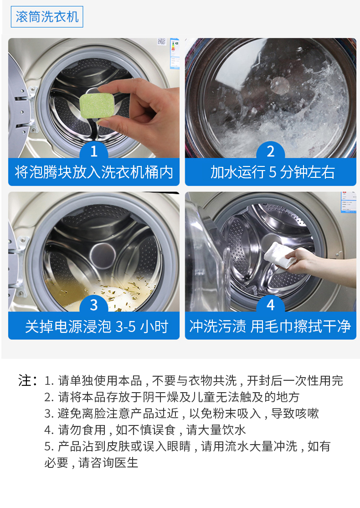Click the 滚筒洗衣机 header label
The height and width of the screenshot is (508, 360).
47,17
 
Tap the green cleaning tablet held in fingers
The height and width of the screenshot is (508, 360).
97,106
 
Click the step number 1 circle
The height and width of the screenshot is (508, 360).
94,151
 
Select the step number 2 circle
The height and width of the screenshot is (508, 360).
271,151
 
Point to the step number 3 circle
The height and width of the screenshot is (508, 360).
94,305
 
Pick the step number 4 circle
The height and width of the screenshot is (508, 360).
271,305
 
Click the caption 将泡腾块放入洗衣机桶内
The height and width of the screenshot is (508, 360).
94,172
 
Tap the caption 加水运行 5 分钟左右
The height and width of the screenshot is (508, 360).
272,172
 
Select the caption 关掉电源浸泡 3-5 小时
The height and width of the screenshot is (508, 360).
97,326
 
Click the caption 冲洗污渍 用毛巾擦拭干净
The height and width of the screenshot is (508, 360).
270,326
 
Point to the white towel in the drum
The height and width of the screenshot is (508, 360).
280,255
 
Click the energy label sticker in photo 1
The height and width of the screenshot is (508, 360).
175,53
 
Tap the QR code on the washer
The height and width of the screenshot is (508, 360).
161,41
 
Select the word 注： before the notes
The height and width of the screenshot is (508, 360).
28,380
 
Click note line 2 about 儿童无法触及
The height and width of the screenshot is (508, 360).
172,397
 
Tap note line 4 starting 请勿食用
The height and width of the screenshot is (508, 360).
145,430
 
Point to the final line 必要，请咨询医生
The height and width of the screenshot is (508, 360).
91,463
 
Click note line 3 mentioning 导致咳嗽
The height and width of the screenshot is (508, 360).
182,414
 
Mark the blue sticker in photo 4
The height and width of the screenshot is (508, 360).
348,202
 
